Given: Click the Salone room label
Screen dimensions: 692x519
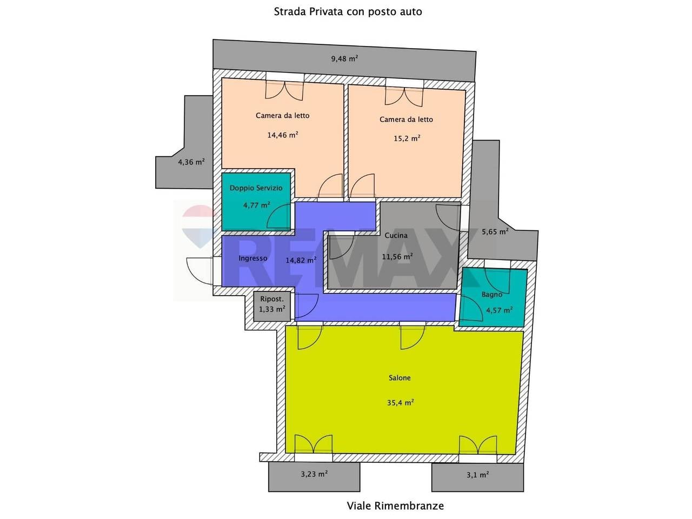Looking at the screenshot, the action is coord(400,378).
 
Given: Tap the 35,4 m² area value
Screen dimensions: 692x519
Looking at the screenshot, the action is coord(401,402).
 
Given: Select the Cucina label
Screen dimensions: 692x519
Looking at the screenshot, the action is coord(396,235).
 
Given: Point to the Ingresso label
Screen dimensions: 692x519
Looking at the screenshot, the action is coord(253,258).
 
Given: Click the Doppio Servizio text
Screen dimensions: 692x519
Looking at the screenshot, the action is coord(256,188).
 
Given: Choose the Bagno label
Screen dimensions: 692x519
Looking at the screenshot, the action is coord(492,295).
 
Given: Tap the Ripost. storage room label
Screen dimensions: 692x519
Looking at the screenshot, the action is coord(272,299).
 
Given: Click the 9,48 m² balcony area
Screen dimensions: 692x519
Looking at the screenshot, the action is coord(344,58).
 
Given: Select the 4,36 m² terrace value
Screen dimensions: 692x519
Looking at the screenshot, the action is coord(191,162).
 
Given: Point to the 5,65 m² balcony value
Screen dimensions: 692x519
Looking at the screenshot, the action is coord(495,232).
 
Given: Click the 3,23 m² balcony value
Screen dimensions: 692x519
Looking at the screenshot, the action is coord(314,474).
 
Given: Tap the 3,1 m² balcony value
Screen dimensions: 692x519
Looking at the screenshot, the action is coord(478,475).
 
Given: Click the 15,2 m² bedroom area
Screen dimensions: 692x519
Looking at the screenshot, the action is coord(407,138).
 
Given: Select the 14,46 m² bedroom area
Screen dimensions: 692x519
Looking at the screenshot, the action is coord(283,135).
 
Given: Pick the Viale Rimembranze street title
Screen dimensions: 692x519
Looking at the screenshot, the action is coord(395,506).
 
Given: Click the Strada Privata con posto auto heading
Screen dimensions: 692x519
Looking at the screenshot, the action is coord(348,12).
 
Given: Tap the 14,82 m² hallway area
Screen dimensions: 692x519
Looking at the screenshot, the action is coord(301,260).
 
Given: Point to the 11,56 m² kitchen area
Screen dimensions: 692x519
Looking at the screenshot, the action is coord(397,256).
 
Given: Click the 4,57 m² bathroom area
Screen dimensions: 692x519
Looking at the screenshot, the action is coord(500,310).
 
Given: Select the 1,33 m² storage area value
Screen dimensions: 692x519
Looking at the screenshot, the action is coord(272,309).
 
